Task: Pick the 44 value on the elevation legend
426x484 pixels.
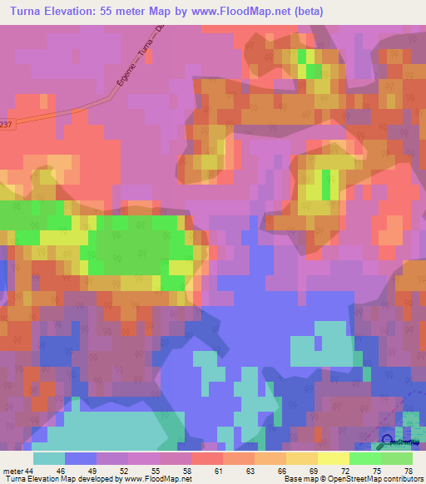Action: coord(29,471)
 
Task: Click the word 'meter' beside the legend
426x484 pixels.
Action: coord(12,471)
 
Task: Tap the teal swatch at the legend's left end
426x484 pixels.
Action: coord(48,458)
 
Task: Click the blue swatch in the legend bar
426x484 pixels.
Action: coord(80,458)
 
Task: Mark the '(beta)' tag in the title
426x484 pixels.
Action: coord(305,11)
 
